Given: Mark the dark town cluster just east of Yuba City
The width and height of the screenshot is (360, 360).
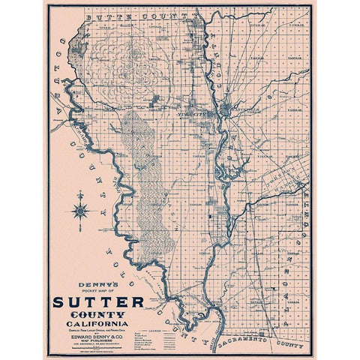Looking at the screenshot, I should (x=229, y=113).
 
